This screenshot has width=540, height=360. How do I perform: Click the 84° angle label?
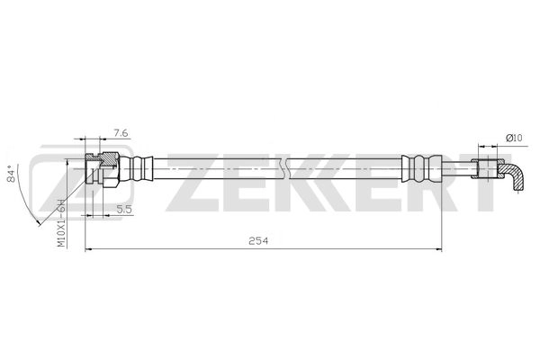pyautogui.click(x=12, y=175)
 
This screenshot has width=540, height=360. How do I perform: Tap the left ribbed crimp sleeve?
pyautogui.click(x=140, y=168)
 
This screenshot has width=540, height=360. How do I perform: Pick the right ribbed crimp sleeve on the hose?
pyautogui.click(x=417, y=168)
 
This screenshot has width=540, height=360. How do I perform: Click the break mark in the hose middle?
pyautogui.click(x=284, y=168)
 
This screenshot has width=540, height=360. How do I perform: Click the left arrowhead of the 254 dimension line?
pyautogui.click(x=88, y=248)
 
